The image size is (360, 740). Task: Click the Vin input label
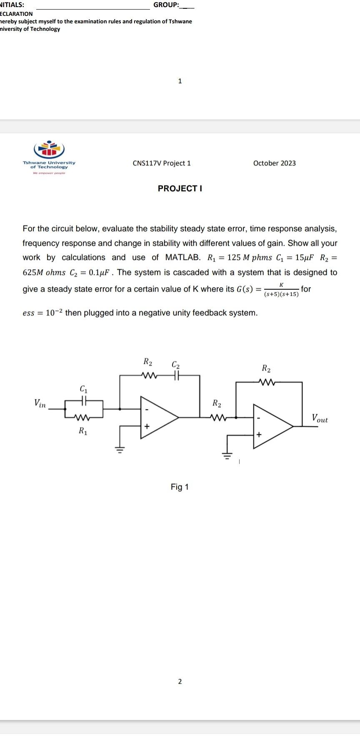(x=40, y=403)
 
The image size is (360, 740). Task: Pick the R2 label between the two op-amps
(x=217, y=403)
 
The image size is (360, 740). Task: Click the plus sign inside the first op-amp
(x=146, y=426)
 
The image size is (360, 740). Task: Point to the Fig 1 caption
(x=180, y=487)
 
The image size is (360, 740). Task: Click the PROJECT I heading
(x=180, y=188)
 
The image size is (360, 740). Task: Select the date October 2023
(x=274, y=163)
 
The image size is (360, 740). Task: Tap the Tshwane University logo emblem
(x=49, y=149)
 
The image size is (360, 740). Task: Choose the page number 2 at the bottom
(x=180, y=681)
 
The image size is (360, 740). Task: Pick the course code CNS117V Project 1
(x=162, y=163)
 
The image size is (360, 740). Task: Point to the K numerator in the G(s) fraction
(x=282, y=285)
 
